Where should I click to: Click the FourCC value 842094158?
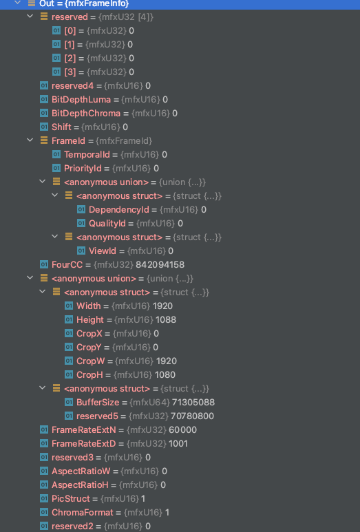tap(160, 265)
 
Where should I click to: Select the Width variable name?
tap(89, 306)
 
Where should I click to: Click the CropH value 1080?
tap(165, 375)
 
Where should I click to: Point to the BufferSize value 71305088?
tap(193, 403)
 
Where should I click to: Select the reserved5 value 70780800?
tap(192, 416)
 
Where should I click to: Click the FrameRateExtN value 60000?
tap(182, 430)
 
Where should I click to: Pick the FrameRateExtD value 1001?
tap(178, 444)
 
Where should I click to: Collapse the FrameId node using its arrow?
tap(30, 140)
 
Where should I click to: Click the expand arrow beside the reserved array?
tap(30, 17)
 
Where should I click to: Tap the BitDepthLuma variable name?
tap(81, 99)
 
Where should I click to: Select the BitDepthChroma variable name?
tap(86, 114)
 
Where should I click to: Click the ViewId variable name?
tap(103, 251)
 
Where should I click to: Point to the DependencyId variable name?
tap(119, 210)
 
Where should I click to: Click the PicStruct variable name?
tap(71, 499)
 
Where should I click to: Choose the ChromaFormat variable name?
tap(83, 512)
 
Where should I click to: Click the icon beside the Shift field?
tap(44, 127)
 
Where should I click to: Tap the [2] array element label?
tap(70, 58)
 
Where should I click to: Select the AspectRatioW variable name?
tap(81, 471)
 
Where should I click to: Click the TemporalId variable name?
tap(87, 155)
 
